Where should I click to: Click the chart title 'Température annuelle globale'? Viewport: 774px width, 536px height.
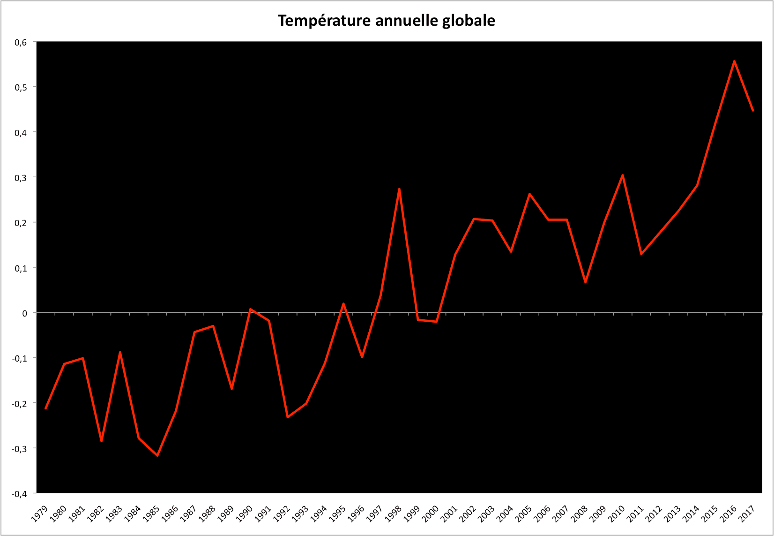click(x=386, y=21)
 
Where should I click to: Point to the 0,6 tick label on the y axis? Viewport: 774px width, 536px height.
click(x=21, y=42)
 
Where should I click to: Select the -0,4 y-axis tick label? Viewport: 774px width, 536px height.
click(x=20, y=494)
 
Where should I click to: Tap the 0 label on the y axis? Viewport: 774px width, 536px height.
click(x=25, y=313)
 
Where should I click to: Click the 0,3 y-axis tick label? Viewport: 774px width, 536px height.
click(x=21, y=178)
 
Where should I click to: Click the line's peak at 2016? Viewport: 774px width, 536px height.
click(x=734, y=61)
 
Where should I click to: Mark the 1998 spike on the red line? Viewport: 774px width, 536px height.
click(x=399, y=189)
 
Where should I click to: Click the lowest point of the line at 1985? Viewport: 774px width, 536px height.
click(x=157, y=455)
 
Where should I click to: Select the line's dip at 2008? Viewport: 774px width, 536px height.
click(x=585, y=282)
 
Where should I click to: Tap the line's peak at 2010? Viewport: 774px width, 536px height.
click(x=623, y=175)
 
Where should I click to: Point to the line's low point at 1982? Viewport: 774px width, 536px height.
click(x=101, y=441)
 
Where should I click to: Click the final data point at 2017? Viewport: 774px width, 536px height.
click(x=753, y=111)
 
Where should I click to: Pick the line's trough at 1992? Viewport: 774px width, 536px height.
click(x=287, y=417)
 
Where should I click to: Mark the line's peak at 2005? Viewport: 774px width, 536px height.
click(x=529, y=194)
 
